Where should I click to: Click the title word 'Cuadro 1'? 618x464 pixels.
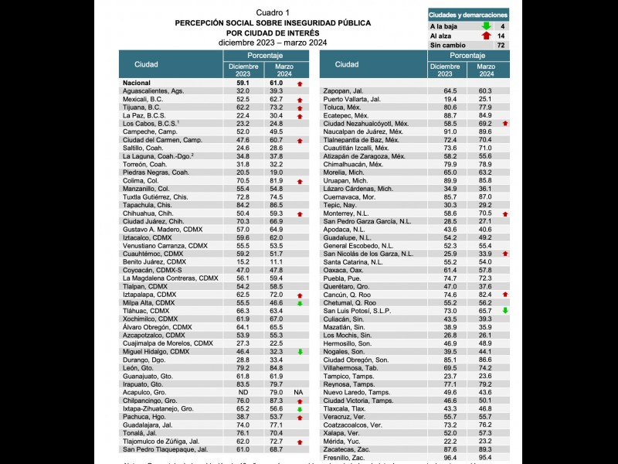point(273,13)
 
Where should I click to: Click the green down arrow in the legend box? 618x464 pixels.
point(486,26)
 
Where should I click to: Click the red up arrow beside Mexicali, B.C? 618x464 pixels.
point(298,100)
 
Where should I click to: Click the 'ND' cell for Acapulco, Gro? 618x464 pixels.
point(243,392)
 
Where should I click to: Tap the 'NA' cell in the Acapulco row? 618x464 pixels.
point(298,392)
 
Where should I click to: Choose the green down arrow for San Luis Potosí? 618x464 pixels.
point(504,310)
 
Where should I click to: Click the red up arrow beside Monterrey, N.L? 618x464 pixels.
point(504,213)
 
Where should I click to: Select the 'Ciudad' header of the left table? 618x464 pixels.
point(146,65)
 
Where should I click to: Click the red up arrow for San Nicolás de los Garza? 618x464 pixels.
point(504,254)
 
